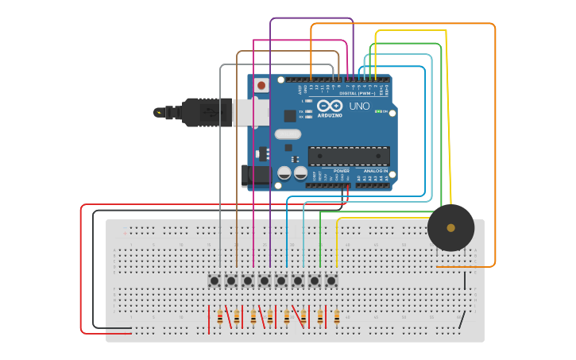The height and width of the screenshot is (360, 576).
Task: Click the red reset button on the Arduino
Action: pyautogui.click(x=261, y=84)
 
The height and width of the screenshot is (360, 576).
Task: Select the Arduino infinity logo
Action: pyautogui.click(x=329, y=106)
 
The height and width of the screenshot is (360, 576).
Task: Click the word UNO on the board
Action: pyautogui.click(x=359, y=106)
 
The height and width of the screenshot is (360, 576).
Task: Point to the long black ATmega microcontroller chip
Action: pyautogui.click(x=349, y=156)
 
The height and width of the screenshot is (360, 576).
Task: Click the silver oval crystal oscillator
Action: pyautogui.click(x=288, y=134)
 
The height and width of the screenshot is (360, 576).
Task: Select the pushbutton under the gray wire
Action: pyautogui.click(x=215, y=281)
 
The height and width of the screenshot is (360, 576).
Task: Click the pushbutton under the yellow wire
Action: pyautogui.click(x=331, y=281)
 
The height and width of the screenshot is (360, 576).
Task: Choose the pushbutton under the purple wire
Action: pyautogui.click(x=265, y=281)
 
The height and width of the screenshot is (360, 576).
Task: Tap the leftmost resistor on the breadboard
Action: pyautogui.click(x=219, y=318)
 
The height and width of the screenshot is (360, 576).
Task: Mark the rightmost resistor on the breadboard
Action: pyautogui.click(x=336, y=318)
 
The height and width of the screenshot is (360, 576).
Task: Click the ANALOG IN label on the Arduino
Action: pyautogui.click(x=375, y=171)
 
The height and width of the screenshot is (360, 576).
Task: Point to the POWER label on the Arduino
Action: pyautogui.click(x=342, y=171)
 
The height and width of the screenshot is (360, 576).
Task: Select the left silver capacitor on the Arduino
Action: pyautogui.click(x=284, y=172)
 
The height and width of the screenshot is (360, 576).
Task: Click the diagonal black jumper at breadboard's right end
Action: pyautogui.click(x=462, y=319)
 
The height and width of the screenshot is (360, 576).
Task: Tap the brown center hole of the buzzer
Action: pyautogui.click(x=450, y=228)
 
